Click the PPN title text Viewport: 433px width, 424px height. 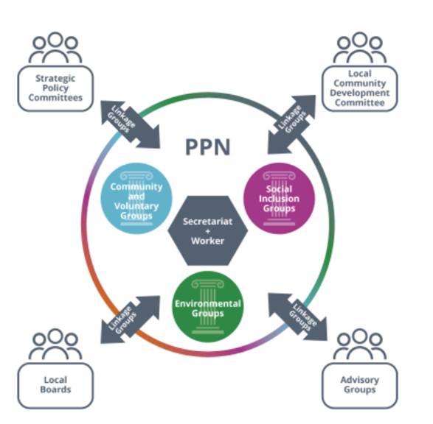207,146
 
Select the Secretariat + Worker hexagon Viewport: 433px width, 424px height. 207,230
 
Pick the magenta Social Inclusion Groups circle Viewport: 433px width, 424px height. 279,198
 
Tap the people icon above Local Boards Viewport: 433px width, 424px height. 55,344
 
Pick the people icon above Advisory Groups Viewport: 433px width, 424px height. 359,344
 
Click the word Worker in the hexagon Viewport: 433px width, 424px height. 207,241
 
